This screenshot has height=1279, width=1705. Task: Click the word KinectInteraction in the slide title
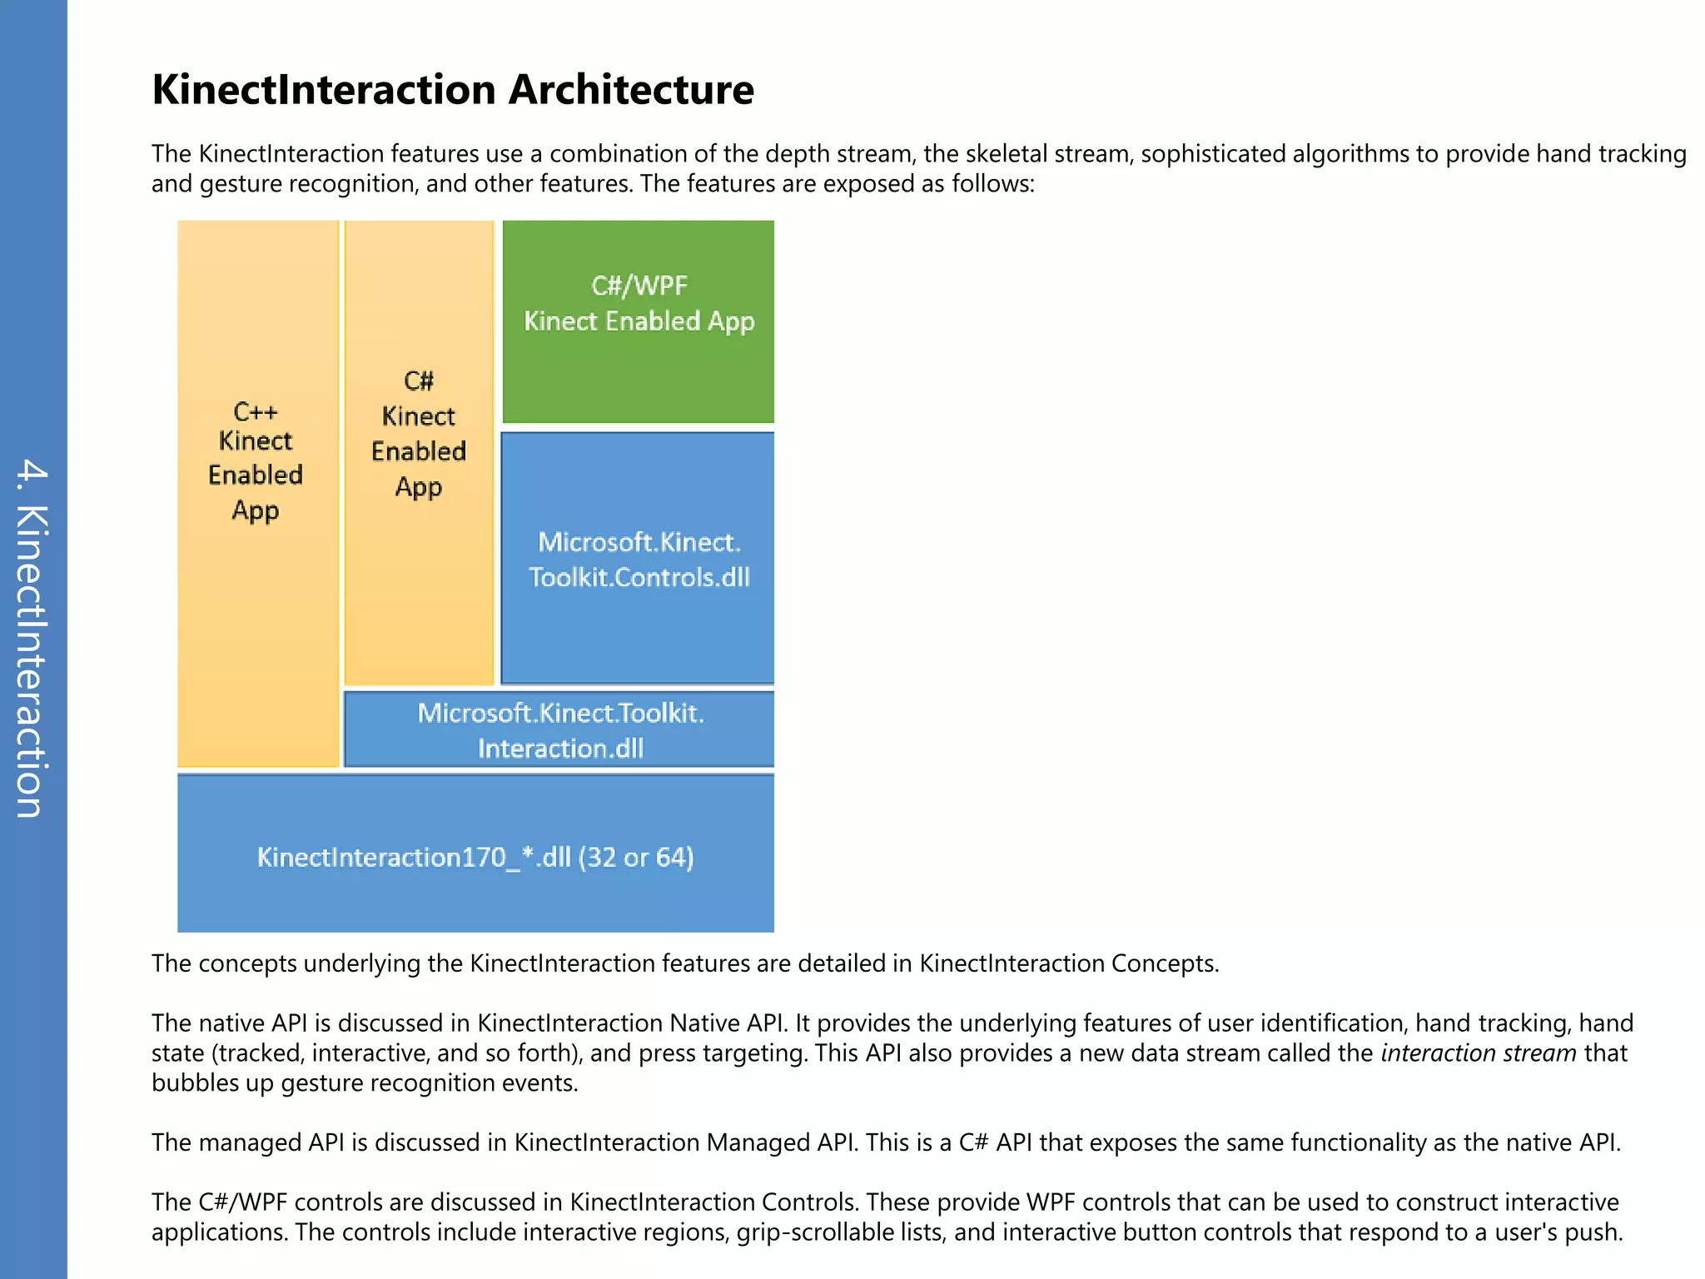[x=325, y=90]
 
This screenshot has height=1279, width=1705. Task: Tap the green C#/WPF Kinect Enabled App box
[x=639, y=321]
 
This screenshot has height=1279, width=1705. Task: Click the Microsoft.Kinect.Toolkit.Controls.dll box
[x=639, y=560]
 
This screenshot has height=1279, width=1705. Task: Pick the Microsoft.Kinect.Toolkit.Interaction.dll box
[x=559, y=730]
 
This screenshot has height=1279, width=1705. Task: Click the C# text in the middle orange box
[x=419, y=381]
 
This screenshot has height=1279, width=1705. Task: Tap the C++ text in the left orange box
[x=255, y=411]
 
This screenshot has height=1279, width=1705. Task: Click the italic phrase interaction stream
[x=1478, y=1053]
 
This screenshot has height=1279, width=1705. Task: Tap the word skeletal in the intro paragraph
[x=1007, y=154]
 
